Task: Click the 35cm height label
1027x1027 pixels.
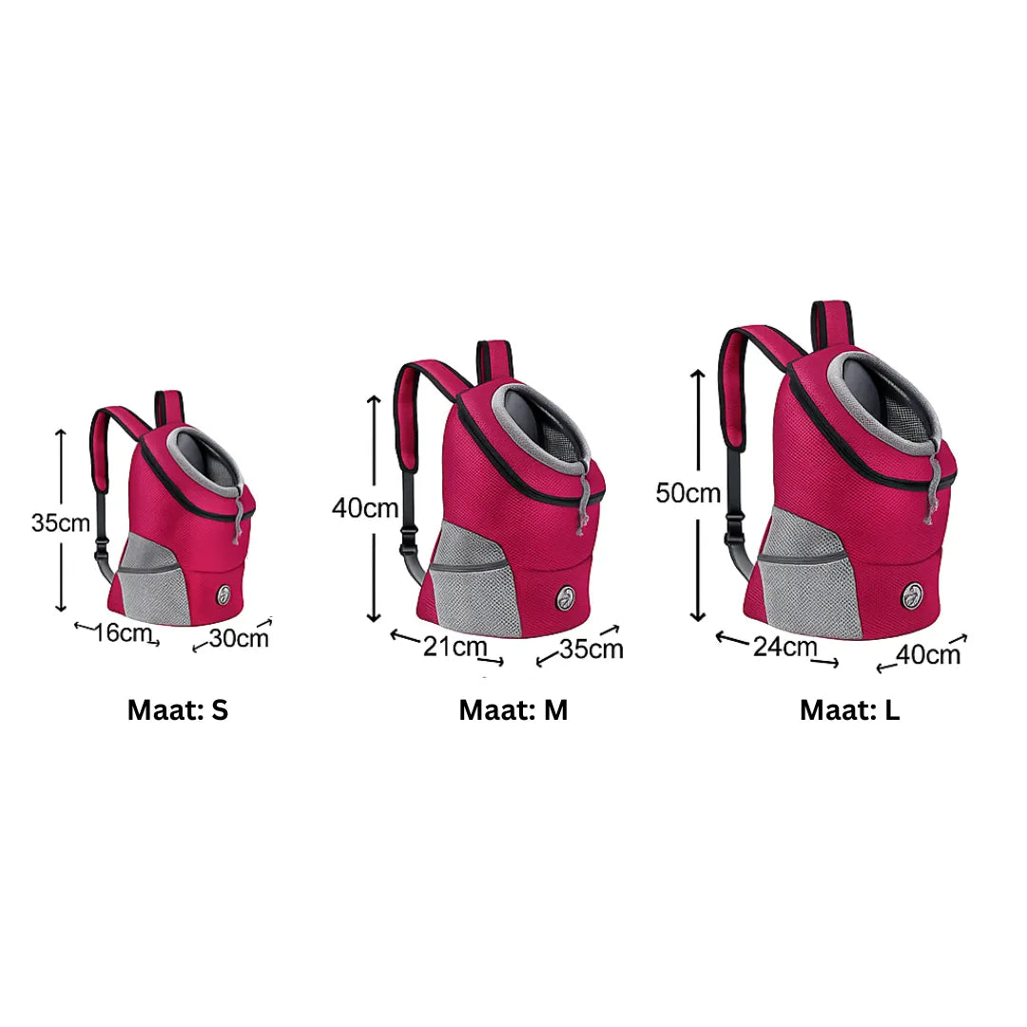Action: [x=60, y=523]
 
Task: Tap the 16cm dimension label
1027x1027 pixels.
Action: [x=123, y=632]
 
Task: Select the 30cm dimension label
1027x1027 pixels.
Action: [x=239, y=638]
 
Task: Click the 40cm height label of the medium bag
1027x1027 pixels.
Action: [x=365, y=508]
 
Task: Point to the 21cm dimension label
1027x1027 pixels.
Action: [x=455, y=647]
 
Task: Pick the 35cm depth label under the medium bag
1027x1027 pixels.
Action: [x=591, y=649]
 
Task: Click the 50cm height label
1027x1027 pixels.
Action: [x=688, y=494]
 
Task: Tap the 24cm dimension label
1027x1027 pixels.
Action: [x=785, y=647]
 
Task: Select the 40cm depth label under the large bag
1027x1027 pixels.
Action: [x=927, y=654]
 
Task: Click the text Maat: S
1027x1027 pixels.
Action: [x=178, y=710]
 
